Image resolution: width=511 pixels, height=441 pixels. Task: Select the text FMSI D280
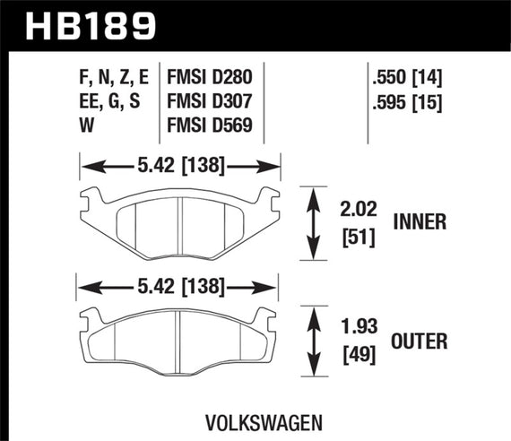[x=212, y=78]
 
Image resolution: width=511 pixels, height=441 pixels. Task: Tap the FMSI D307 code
[x=212, y=103]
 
